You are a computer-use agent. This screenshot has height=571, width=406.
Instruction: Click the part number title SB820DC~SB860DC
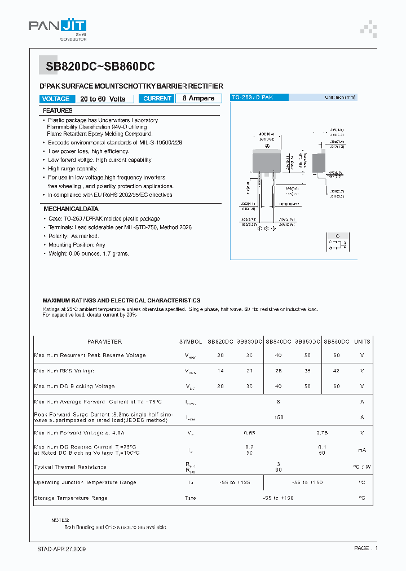(x=100, y=66)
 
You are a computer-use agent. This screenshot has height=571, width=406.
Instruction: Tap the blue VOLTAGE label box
(x=56, y=99)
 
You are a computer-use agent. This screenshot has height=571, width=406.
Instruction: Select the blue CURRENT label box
(x=157, y=99)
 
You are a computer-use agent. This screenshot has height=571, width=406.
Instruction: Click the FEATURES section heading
(x=58, y=111)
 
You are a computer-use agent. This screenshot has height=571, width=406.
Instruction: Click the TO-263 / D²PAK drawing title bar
(x=259, y=98)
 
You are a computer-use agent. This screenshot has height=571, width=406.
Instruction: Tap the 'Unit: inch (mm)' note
(x=340, y=98)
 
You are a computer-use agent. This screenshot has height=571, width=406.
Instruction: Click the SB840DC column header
(x=278, y=342)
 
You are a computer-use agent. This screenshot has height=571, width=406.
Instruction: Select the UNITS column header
(x=362, y=342)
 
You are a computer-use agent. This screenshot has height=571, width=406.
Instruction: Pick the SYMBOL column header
(x=191, y=342)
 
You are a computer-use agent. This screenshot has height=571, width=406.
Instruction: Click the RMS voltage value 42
(x=337, y=371)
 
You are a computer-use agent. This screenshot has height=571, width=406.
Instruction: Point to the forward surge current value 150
(x=278, y=417)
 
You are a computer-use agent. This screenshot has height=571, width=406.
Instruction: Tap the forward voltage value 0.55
(x=249, y=433)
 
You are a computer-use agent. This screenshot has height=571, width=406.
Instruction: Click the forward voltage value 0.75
(x=322, y=433)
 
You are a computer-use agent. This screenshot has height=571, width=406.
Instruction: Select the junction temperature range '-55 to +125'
(x=234, y=482)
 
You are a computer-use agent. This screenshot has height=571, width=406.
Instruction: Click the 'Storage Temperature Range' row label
(x=70, y=498)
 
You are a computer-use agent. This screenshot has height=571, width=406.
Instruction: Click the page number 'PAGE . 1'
(x=365, y=548)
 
